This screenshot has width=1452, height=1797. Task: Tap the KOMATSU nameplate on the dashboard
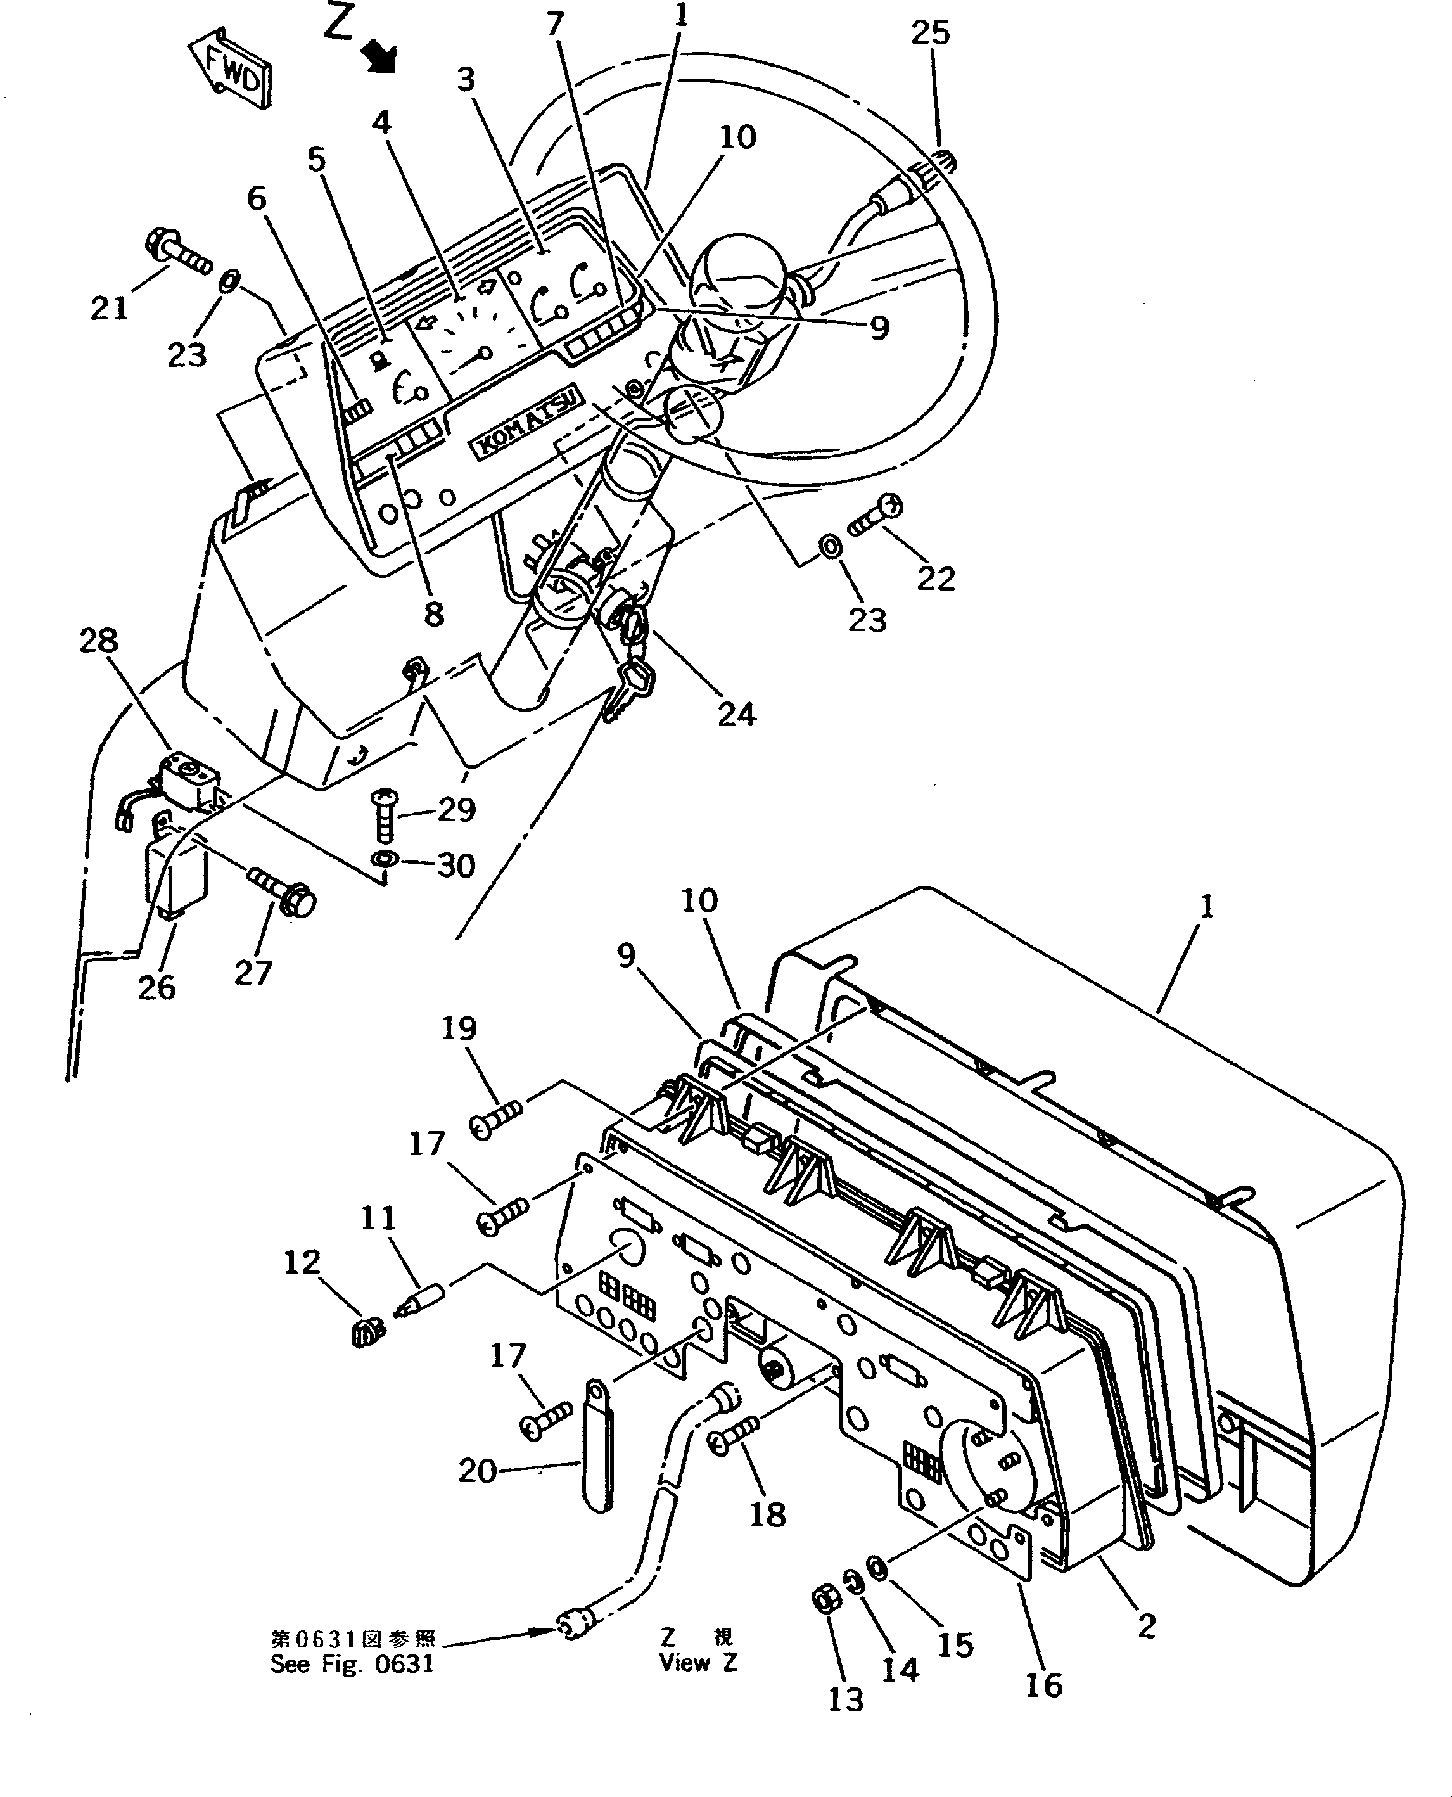pyautogui.click(x=528, y=421)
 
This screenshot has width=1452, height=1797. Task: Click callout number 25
pyautogui.click(x=930, y=32)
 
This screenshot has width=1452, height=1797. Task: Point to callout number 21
pyautogui.click(x=109, y=308)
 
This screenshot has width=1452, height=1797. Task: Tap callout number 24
pyautogui.click(x=736, y=713)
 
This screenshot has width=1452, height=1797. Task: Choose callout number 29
pyautogui.click(x=457, y=809)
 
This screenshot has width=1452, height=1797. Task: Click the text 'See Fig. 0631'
pyautogui.click(x=352, y=1664)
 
